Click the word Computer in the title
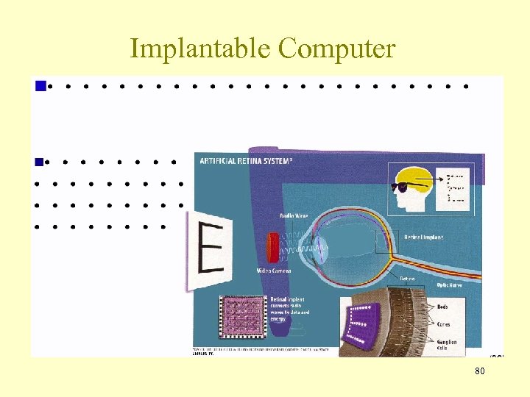[337, 49]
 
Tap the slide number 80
[479, 371]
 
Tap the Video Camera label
[273, 271]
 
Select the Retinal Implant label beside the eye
[423, 237]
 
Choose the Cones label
[444, 324]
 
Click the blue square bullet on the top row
[40, 86]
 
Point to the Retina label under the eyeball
[406, 279]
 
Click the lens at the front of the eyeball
[322, 248]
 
